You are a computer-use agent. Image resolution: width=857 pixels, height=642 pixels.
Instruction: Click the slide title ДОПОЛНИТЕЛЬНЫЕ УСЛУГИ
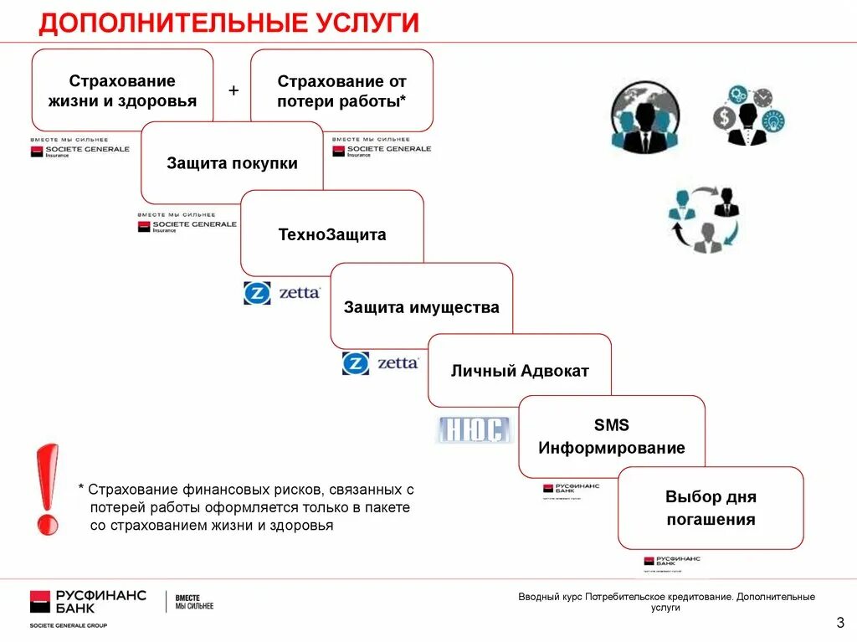tap(228, 23)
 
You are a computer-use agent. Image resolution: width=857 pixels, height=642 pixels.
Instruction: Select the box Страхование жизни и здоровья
tap(122, 90)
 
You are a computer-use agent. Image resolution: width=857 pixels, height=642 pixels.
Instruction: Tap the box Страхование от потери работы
tap(341, 90)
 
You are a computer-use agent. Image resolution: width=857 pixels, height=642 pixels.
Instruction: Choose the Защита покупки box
tap(232, 163)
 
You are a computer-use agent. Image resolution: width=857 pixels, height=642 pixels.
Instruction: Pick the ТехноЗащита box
tap(332, 234)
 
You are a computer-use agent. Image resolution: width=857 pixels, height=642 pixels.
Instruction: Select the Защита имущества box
tap(421, 306)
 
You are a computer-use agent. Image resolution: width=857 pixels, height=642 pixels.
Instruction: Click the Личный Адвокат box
tap(520, 370)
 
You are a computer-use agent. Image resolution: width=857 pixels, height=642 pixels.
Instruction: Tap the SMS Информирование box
tap(611, 436)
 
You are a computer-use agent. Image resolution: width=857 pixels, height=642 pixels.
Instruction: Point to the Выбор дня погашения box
tap(711, 507)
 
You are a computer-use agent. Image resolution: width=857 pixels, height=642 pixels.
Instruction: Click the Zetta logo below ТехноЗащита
tap(282, 293)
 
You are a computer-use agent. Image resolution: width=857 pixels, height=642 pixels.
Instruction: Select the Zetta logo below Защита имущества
tap(380, 363)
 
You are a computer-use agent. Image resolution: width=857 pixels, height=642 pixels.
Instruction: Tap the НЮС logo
tap(473, 430)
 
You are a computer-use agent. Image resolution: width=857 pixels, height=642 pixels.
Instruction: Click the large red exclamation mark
tap(48, 489)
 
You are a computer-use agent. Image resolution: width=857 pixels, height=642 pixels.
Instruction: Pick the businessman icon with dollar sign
tap(747, 116)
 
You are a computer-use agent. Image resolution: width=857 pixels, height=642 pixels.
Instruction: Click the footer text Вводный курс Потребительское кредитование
tap(665, 602)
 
